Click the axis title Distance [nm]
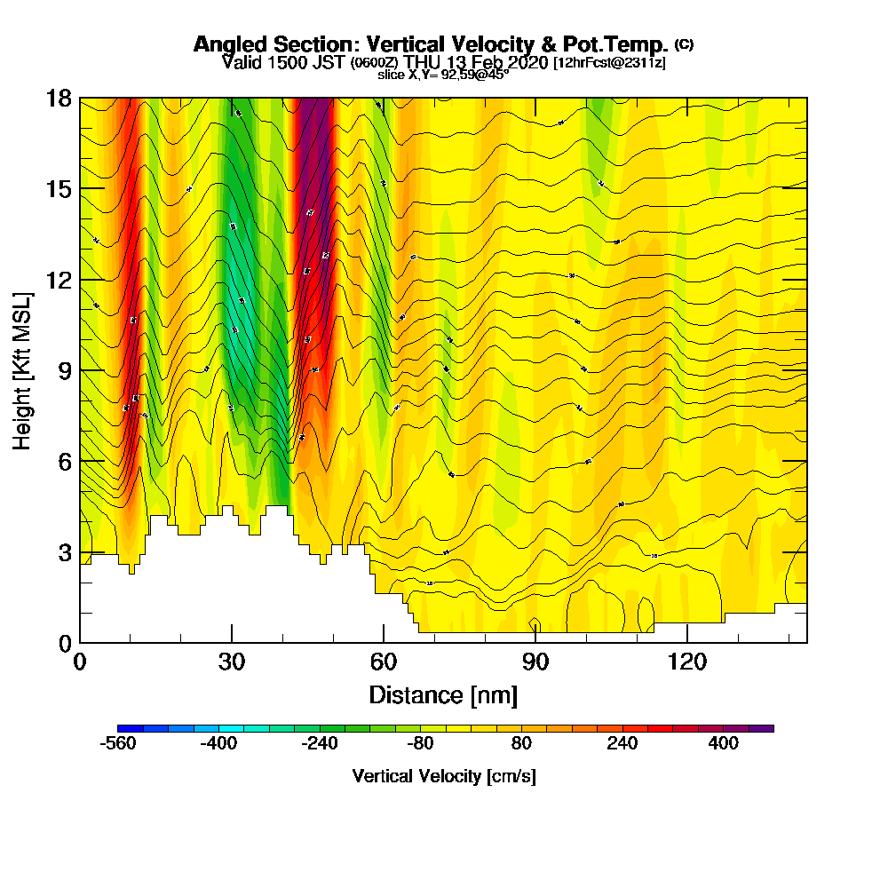[443, 694]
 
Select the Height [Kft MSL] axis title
[22, 369]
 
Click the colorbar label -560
[119, 744]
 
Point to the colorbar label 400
[724, 744]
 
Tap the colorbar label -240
[321, 744]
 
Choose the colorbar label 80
[522, 744]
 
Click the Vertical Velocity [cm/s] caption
[444, 776]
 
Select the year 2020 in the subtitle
[527, 62]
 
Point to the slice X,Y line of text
[443, 75]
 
